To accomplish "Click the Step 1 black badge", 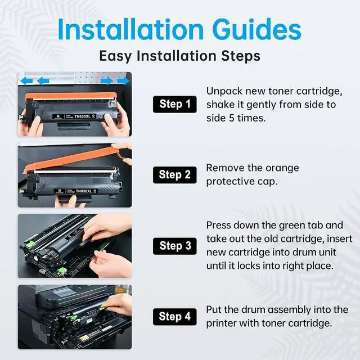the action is point(175,104).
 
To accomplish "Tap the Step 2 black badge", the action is point(175,175).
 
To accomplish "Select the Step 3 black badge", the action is point(175,246).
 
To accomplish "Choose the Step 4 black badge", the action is point(175,317).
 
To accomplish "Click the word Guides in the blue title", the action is point(256,30).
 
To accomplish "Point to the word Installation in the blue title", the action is point(130,30).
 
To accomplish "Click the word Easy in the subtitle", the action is point(115,56).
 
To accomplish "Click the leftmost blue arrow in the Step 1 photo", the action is point(26,81).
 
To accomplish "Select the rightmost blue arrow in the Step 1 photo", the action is point(123,81).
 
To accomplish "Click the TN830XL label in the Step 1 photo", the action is point(82,116).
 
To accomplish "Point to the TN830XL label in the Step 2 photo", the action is point(84,191).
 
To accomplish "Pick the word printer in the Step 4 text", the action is point(221,323).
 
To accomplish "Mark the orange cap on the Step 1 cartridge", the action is point(71,96).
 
